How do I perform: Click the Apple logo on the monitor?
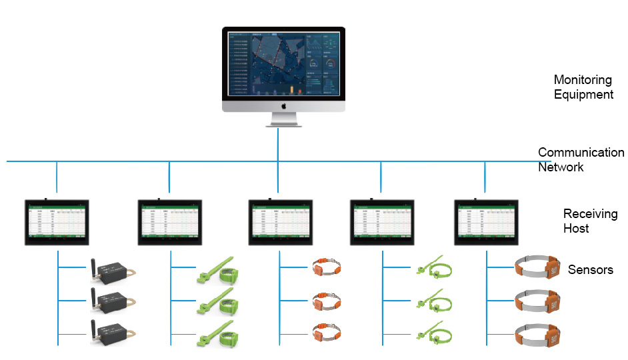pos(283,105)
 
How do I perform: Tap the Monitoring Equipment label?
pos(583,86)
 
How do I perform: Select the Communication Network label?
pos(580,160)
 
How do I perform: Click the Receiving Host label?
pos(590,221)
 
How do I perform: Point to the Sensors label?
pos(590,270)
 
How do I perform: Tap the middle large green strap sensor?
pos(219,302)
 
